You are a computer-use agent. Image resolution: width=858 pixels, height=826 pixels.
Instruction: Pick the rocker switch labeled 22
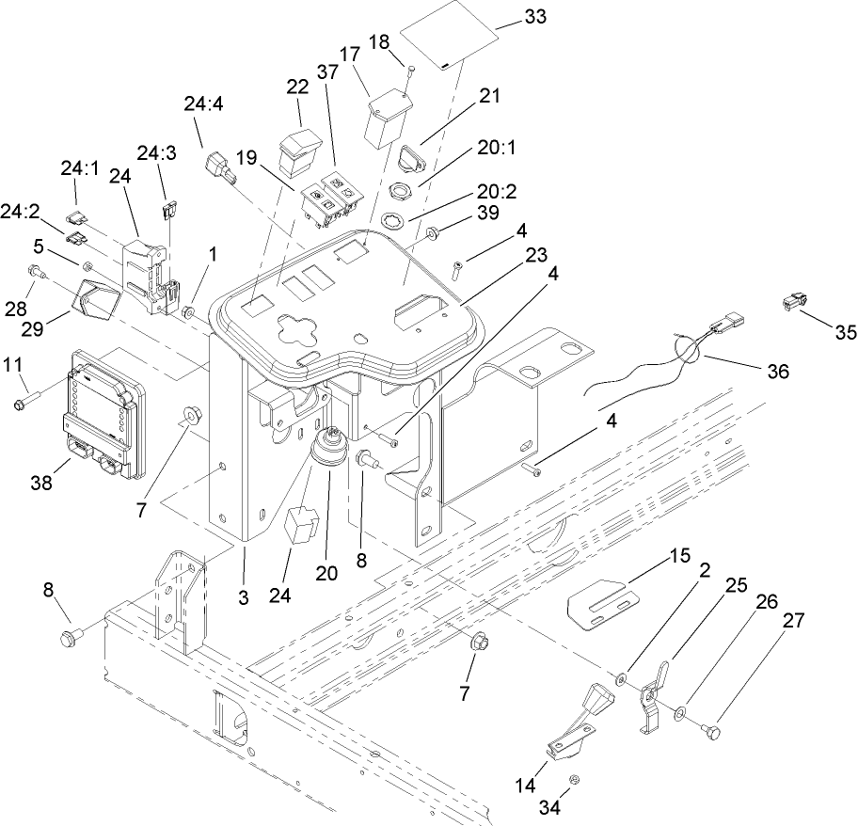tap(300, 151)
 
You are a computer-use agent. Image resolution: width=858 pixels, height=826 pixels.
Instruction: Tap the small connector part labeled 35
tap(792, 303)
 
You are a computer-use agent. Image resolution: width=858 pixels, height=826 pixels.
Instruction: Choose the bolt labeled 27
tap(714, 729)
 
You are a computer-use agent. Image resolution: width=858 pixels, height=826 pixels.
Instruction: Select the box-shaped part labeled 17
tap(386, 118)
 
